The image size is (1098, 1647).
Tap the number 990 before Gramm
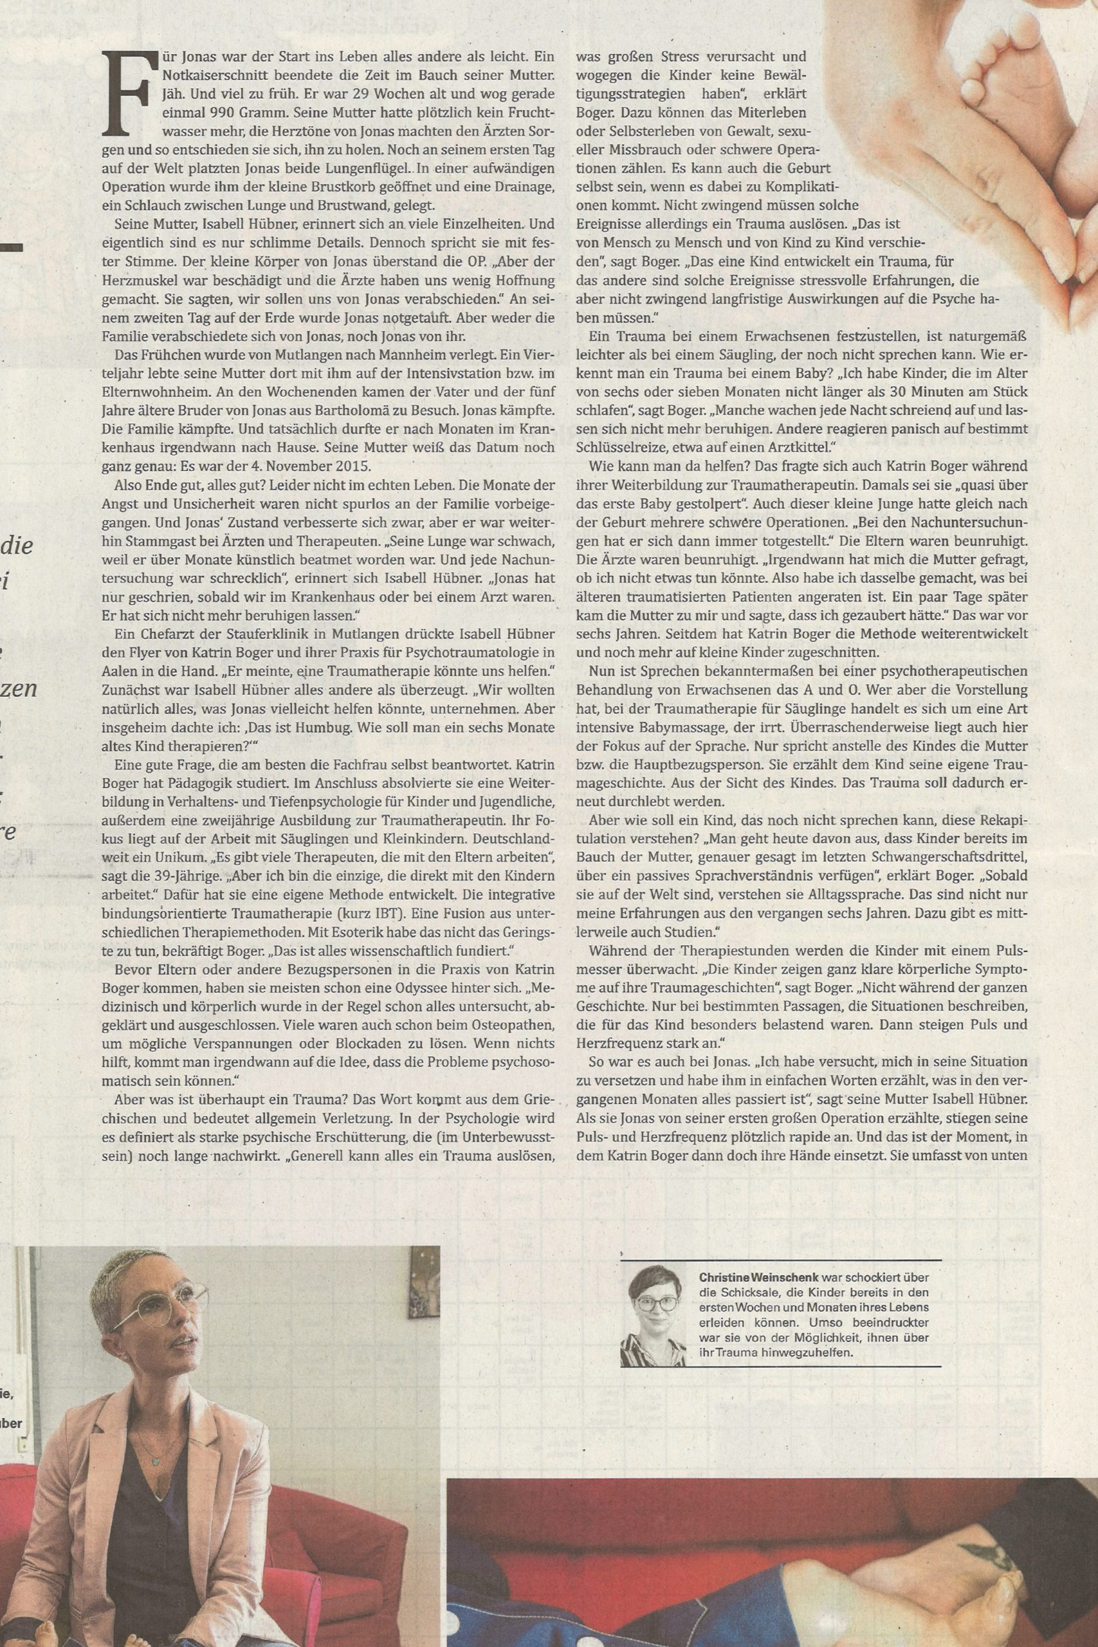[200, 112]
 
